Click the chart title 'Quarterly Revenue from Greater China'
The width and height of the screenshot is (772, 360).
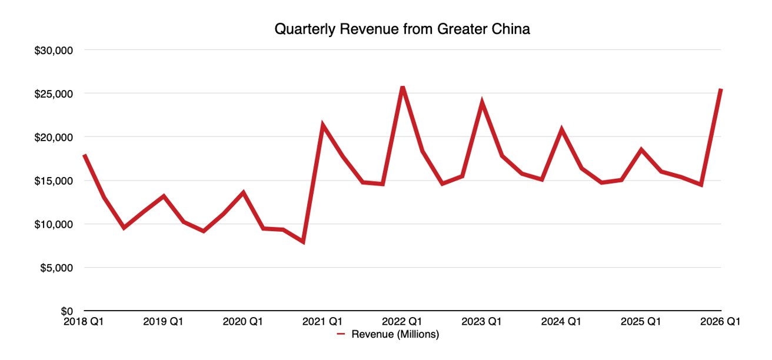pyautogui.click(x=402, y=29)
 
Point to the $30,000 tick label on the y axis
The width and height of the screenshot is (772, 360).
pyautogui.click(x=55, y=51)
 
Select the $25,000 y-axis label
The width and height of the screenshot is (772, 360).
pyautogui.click(x=55, y=94)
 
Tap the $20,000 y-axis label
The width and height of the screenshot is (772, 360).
pyautogui.click(x=55, y=138)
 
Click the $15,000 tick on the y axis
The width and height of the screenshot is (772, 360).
pyautogui.click(x=55, y=181)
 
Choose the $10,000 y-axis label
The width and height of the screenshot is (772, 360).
pyautogui.click(x=55, y=225)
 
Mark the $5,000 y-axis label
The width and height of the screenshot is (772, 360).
pyautogui.click(x=57, y=268)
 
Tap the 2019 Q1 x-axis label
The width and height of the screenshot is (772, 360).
pyautogui.click(x=164, y=322)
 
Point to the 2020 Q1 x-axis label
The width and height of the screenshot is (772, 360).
pyautogui.click(x=243, y=322)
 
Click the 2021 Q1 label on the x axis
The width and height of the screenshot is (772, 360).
pyautogui.click(x=322, y=322)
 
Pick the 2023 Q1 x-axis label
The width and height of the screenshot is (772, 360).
pyautogui.click(x=482, y=322)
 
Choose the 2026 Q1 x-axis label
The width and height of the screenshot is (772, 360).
pyautogui.click(x=720, y=322)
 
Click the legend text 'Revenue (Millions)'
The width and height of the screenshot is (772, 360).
pyautogui.click(x=395, y=335)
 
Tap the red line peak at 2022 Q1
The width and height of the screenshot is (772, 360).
pyautogui.click(x=402, y=87)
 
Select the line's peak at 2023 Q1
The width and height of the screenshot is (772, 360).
pyautogui.click(x=482, y=104)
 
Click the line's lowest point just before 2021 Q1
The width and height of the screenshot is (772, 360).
pyautogui.click(x=303, y=242)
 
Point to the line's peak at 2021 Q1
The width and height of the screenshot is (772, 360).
pyautogui.click(x=322, y=125)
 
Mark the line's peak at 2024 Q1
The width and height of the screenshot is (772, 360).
pyautogui.click(x=561, y=129)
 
